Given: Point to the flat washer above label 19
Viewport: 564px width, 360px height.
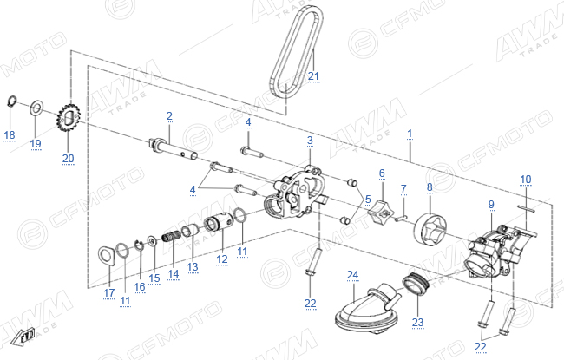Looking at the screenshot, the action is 36,108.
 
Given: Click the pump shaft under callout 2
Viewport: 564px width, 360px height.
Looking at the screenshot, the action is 173,149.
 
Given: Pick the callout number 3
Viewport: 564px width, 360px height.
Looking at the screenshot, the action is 310,141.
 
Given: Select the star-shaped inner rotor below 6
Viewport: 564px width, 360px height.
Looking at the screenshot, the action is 381,213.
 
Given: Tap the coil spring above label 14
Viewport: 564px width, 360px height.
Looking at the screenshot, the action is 172,238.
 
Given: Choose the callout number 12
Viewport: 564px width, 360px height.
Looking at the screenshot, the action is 222,259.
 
